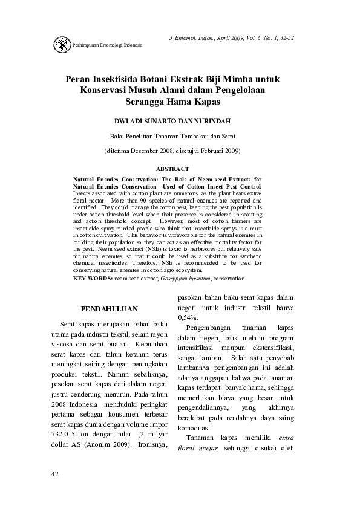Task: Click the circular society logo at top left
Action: click(62, 45)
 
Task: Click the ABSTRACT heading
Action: click(172, 169)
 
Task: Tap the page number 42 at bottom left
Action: click(55, 473)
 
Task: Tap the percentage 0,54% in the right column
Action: click(188, 317)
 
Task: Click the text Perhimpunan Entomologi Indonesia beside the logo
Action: click(107, 45)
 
